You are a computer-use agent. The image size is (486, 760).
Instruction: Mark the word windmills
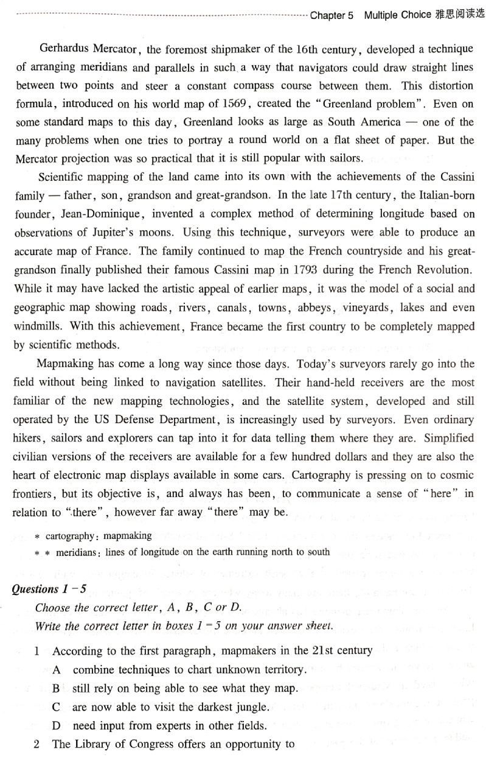pyautogui.click(x=38, y=326)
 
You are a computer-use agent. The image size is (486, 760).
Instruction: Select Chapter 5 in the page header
pyautogui.click(x=332, y=15)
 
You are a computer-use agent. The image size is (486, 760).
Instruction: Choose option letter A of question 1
pyautogui.click(x=57, y=669)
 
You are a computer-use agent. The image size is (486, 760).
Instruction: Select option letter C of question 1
pyautogui.click(x=57, y=708)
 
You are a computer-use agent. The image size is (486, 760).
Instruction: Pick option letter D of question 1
pyautogui.click(x=57, y=726)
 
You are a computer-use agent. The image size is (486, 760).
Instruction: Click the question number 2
pyautogui.click(x=37, y=744)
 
